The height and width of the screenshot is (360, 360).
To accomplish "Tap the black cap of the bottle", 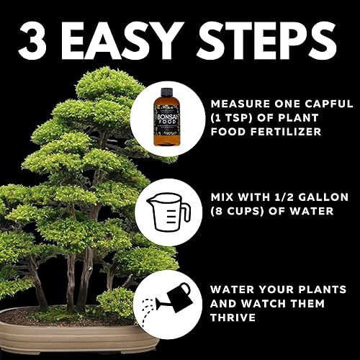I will [x=167, y=91].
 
